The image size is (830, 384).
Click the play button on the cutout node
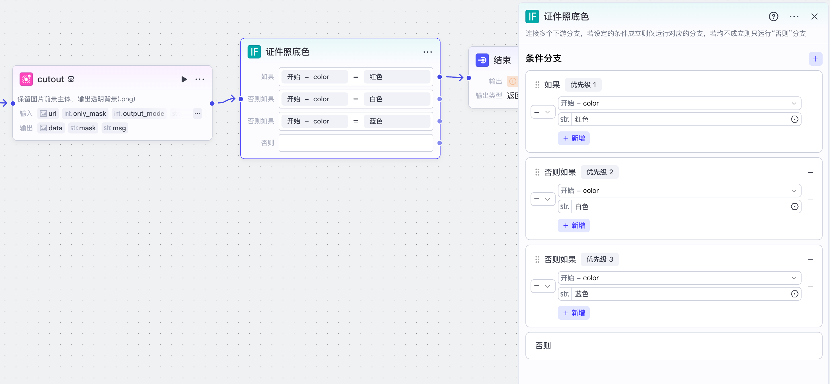click(184, 79)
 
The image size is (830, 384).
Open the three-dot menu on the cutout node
click(200, 79)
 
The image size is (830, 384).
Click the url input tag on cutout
click(48, 113)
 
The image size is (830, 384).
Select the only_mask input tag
click(85, 113)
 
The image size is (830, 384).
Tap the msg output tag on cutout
click(115, 128)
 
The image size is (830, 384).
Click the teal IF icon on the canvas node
click(254, 52)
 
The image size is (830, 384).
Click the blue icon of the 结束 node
click(482, 60)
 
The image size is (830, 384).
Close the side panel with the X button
click(814, 17)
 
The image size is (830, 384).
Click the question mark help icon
click(773, 17)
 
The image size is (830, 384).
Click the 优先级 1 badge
click(583, 85)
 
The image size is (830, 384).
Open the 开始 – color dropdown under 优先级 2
click(679, 191)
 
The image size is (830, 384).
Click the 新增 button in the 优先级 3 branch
click(574, 313)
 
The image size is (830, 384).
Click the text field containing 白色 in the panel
click(680, 207)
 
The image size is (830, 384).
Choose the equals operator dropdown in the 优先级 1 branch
click(543, 112)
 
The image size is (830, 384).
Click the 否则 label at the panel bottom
click(543, 346)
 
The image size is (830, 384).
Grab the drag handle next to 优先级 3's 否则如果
click(537, 259)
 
